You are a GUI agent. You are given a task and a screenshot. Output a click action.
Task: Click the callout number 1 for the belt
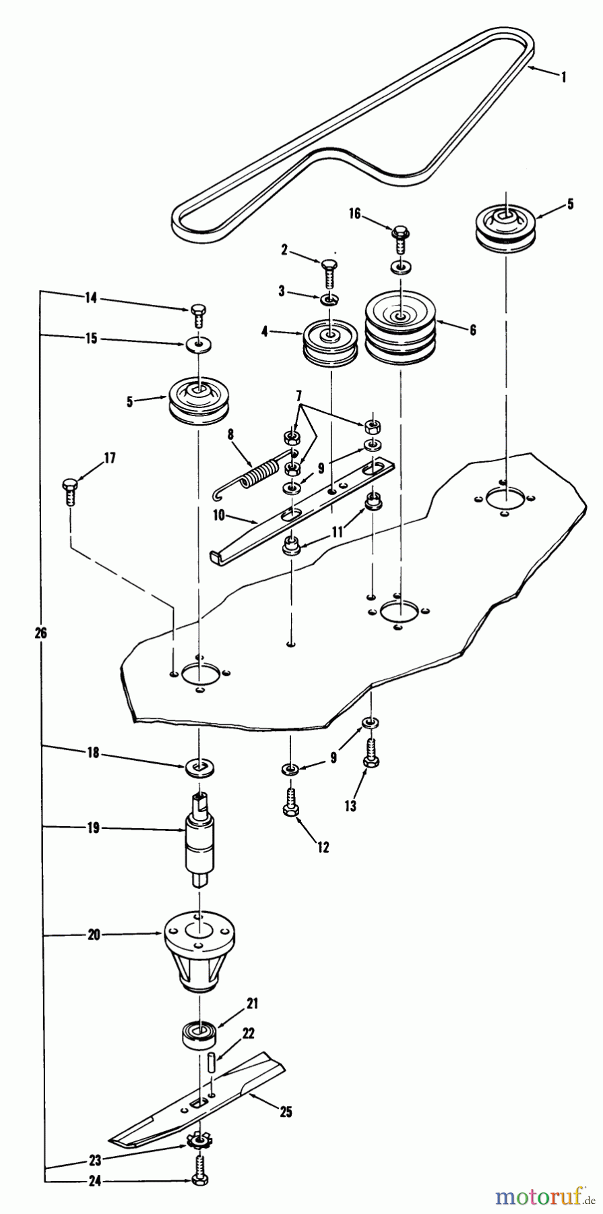click(563, 78)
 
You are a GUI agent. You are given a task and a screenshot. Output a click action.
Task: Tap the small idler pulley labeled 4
click(331, 344)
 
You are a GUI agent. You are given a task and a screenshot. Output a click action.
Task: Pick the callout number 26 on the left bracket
click(40, 633)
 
